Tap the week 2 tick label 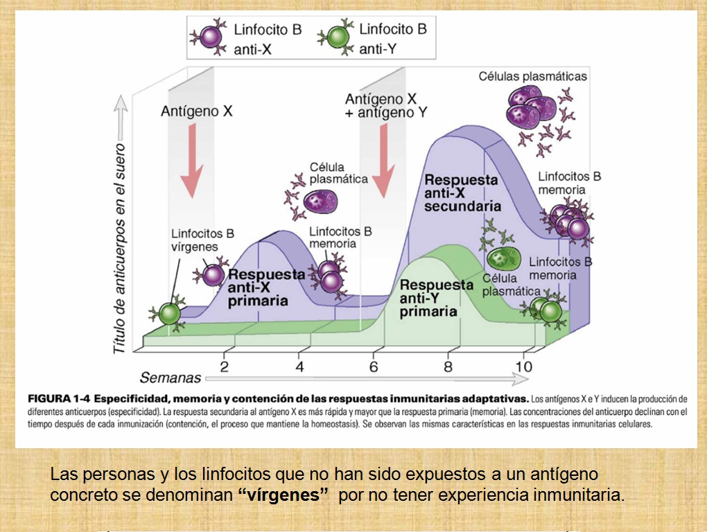click(x=224, y=366)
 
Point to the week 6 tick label click(x=374, y=366)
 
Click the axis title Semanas click(x=171, y=378)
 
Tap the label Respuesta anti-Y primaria click(x=437, y=298)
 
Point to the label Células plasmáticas click(x=532, y=76)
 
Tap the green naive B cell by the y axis click(x=169, y=314)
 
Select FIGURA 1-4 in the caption click(x=58, y=399)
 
